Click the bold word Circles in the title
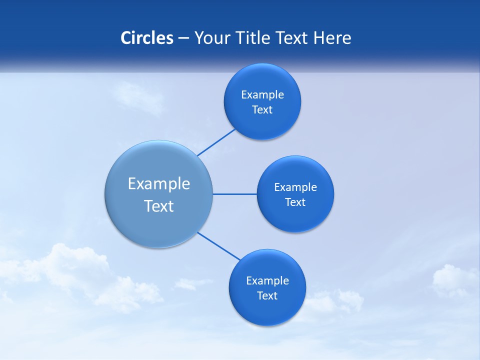[x=147, y=38]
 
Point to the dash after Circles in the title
[x=183, y=38]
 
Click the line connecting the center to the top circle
[x=216, y=142]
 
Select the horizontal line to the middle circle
[x=235, y=194]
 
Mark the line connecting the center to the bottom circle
[x=219, y=246]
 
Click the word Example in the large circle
[x=159, y=184]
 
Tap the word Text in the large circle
[x=159, y=206]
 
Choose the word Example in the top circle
[x=262, y=95]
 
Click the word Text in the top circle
[x=262, y=110]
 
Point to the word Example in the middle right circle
[x=295, y=187]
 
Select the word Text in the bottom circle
[x=267, y=296]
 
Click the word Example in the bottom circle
[x=267, y=281]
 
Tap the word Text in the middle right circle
[x=295, y=202]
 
